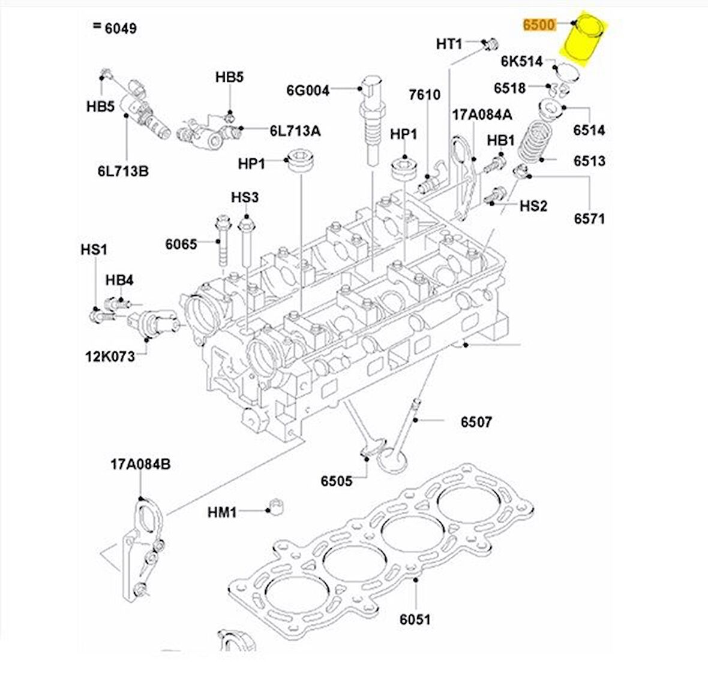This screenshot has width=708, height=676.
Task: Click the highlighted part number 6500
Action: (539, 25)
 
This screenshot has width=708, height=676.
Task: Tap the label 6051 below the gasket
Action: (415, 618)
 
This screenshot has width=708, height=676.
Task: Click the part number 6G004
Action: (308, 90)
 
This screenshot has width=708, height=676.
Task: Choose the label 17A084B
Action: (140, 464)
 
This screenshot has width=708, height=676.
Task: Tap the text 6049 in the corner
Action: (119, 28)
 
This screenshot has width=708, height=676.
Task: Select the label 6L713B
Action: (123, 171)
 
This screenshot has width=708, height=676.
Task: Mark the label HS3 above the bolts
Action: (245, 197)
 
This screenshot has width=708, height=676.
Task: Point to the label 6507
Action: (476, 422)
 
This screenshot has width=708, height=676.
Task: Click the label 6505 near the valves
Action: (336, 481)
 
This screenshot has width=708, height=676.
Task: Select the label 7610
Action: (424, 95)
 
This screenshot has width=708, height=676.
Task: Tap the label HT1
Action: (449, 44)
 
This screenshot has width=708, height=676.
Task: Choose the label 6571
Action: (589, 218)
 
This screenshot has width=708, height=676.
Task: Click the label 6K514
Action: (521, 61)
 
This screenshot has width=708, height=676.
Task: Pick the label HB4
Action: (119, 280)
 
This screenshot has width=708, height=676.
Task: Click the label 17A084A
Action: (482, 114)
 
